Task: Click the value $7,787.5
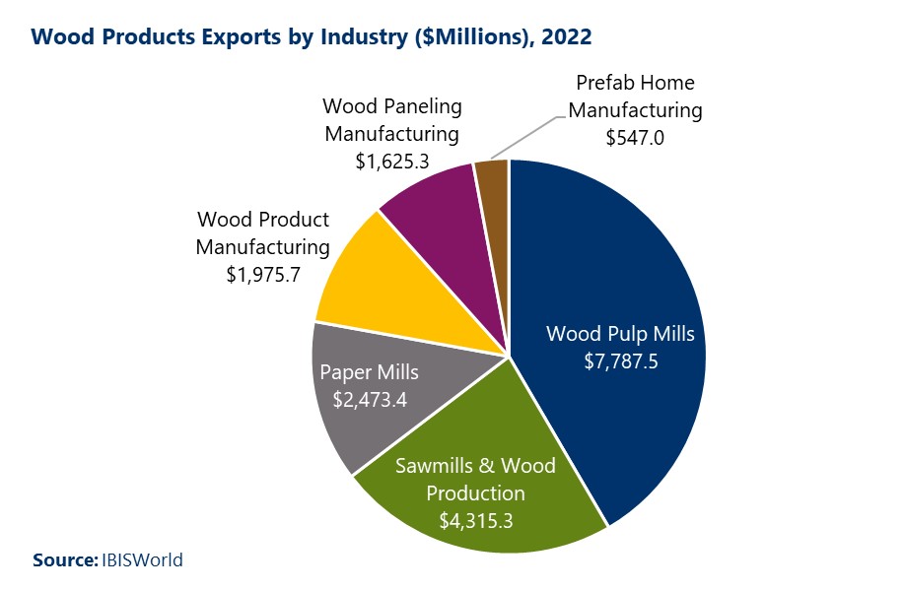pyautogui.click(x=620, y=361)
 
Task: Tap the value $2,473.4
pyautogui.click(x=369, y=399)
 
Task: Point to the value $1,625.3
pyautogui.click(x=392, y=160)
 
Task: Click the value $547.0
pyautogui.click(x=635, y=138)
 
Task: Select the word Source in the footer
pyautogui.click(x=63, y=560)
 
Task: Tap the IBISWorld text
pyautogui.click(x=142, y=560)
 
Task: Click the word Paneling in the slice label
pyautogui.click(x=418, y=105)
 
